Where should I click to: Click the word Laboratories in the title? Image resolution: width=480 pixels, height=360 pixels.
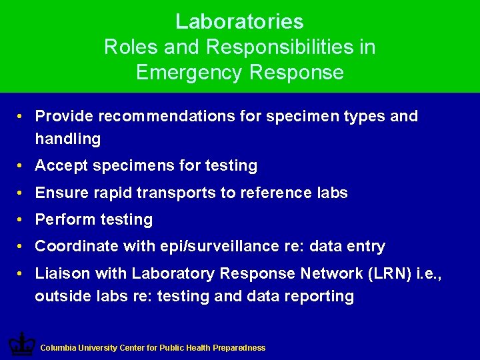(x=239, y=22)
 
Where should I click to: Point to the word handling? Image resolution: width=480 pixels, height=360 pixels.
(x=68, y=139)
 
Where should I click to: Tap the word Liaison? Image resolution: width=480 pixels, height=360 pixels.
(x=63, y=273)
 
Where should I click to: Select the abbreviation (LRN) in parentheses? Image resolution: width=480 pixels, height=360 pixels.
(x=387, y=273)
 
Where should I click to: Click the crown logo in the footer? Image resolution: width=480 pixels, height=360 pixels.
(x=21, y=344)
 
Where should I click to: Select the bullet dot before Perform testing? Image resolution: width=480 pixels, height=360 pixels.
(x=22, y=219)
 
